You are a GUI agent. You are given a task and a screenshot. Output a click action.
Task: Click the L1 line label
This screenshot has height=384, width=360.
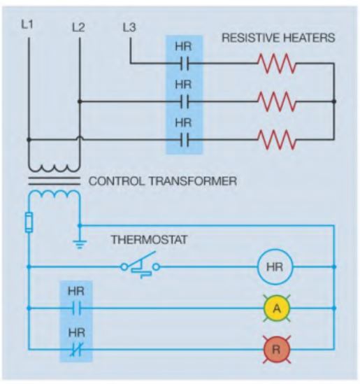27,24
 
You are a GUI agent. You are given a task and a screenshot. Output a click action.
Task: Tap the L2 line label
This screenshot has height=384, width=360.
78,27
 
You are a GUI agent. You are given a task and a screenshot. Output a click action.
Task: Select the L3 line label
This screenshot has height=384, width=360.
129,27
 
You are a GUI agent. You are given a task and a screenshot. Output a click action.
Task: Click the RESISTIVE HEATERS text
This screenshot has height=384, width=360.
278,38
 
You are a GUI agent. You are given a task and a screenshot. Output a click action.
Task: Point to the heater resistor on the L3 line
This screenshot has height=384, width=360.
277,64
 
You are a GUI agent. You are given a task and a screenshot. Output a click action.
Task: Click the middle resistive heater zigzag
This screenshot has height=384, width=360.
277,101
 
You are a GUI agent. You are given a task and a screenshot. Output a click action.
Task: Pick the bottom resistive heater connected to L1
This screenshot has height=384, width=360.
277,140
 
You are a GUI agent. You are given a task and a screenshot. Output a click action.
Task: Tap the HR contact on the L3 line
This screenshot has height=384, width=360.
185,64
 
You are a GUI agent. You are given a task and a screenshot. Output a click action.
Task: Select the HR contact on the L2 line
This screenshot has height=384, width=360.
185,101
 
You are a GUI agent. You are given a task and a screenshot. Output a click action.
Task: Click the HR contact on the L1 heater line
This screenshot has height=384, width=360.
185,140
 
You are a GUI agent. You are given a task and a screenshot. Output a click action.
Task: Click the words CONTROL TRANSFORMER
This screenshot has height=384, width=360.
162,181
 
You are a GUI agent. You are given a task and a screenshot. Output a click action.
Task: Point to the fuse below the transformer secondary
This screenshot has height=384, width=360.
29,222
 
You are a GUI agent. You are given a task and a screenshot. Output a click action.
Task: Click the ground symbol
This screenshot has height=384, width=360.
79,243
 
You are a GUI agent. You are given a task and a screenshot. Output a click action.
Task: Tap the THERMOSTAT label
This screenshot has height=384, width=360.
150,239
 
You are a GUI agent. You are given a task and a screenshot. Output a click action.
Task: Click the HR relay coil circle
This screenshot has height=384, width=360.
275,266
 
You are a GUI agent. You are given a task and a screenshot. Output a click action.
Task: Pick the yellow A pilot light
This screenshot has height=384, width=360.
277,308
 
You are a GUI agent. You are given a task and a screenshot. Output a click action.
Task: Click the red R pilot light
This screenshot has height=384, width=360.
277,349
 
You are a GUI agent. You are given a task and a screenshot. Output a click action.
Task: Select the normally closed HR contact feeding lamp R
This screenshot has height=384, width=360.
77,349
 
